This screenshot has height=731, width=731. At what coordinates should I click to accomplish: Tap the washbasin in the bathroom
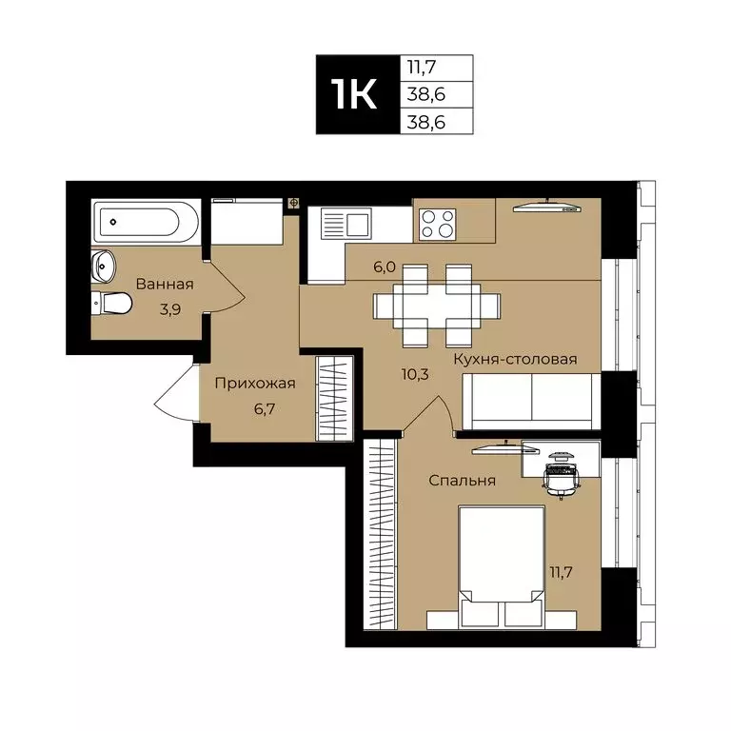click(x=103, y=266)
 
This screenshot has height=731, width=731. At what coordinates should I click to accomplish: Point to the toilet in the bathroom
click(x=111, y=304)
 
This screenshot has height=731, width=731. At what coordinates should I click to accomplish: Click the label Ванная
click(x=165, y=284)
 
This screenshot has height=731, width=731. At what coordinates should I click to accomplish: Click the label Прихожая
click(x=254, y=384)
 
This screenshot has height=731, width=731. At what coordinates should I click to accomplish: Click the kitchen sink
click(x=346, y=226)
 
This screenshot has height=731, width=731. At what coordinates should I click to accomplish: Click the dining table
click(x=438, y=306)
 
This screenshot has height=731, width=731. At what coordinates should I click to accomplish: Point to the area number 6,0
click(x=385, y=267)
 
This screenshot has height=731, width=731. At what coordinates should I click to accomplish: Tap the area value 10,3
click(x=417, y=374)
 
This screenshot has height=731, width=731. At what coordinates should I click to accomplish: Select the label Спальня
click(x=462, y=481)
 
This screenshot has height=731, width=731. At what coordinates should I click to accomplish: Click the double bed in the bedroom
click(x=502, y=566)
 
